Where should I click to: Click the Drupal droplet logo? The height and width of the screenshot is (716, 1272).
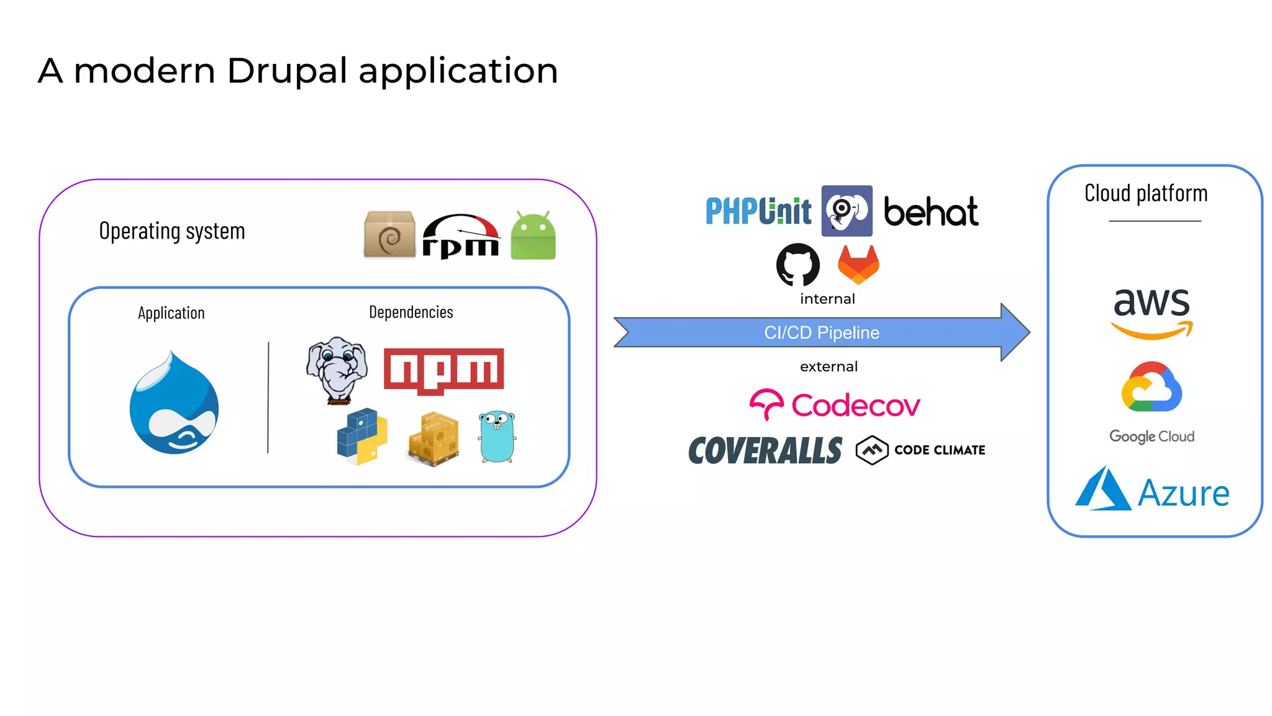174,404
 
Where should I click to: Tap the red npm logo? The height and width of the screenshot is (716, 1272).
443,370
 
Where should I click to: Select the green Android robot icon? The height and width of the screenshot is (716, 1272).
533,236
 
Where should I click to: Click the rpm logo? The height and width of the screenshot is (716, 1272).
461,237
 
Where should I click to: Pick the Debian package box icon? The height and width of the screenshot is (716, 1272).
389,234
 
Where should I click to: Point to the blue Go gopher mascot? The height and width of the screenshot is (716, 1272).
497,437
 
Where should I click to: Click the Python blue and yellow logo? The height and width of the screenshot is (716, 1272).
362,436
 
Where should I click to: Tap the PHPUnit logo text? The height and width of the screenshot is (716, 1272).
758,211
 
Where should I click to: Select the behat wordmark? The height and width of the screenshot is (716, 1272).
930,213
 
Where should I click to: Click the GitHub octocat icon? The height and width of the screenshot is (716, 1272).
798,265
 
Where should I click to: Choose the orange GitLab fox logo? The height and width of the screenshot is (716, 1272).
858,265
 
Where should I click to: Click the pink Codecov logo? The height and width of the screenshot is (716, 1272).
834,405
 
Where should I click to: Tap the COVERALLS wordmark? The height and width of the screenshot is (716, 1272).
765,451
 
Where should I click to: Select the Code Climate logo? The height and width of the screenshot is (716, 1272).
920,450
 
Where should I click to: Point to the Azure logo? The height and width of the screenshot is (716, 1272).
1152,491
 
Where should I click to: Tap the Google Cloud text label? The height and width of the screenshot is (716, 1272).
1152,436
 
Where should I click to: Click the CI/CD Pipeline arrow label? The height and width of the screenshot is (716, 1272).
821,333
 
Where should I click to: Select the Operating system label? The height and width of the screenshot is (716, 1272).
172,231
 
